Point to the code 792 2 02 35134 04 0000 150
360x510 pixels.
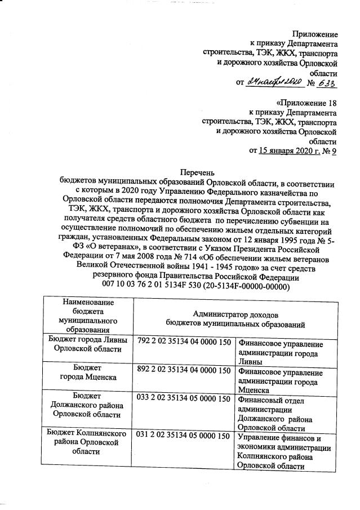[x=184, y=342]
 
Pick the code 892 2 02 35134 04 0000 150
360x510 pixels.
[x=184, y=370]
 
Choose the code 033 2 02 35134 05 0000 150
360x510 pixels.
[x=184, y=399]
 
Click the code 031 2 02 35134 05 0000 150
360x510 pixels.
[x=184, y=436]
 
